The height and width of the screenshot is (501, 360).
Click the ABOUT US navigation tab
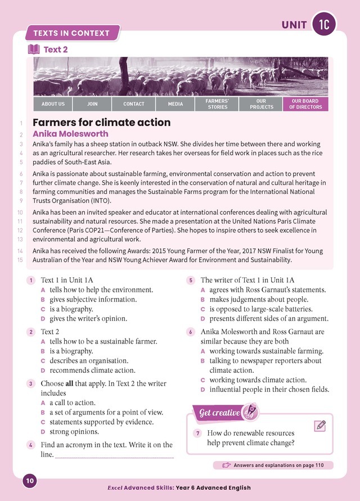tap(53, 104)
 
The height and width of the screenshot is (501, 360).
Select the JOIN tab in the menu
tap(92, 104)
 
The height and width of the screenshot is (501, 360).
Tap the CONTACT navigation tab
tap(134, 104)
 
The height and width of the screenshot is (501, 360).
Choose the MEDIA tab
tap(175, 104)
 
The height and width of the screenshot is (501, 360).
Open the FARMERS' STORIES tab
tap(218, 104)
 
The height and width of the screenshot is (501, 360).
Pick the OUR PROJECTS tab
tap(261, 104)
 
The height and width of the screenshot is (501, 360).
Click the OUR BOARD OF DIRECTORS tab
tap(305, 104)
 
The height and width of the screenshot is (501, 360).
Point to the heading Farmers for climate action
tap(102, 123)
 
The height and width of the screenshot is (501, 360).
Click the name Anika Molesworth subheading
tap(70, 134)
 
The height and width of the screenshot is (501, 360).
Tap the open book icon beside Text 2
tap(34, 49)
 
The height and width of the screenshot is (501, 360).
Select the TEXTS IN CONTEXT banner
tap(71, 33)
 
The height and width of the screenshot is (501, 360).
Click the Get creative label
tap(220, 413)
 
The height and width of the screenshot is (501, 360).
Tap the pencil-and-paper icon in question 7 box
tap(319, 425)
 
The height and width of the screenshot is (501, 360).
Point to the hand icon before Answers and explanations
tap(226, 465)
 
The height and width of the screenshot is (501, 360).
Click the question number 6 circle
tap(191, 332)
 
